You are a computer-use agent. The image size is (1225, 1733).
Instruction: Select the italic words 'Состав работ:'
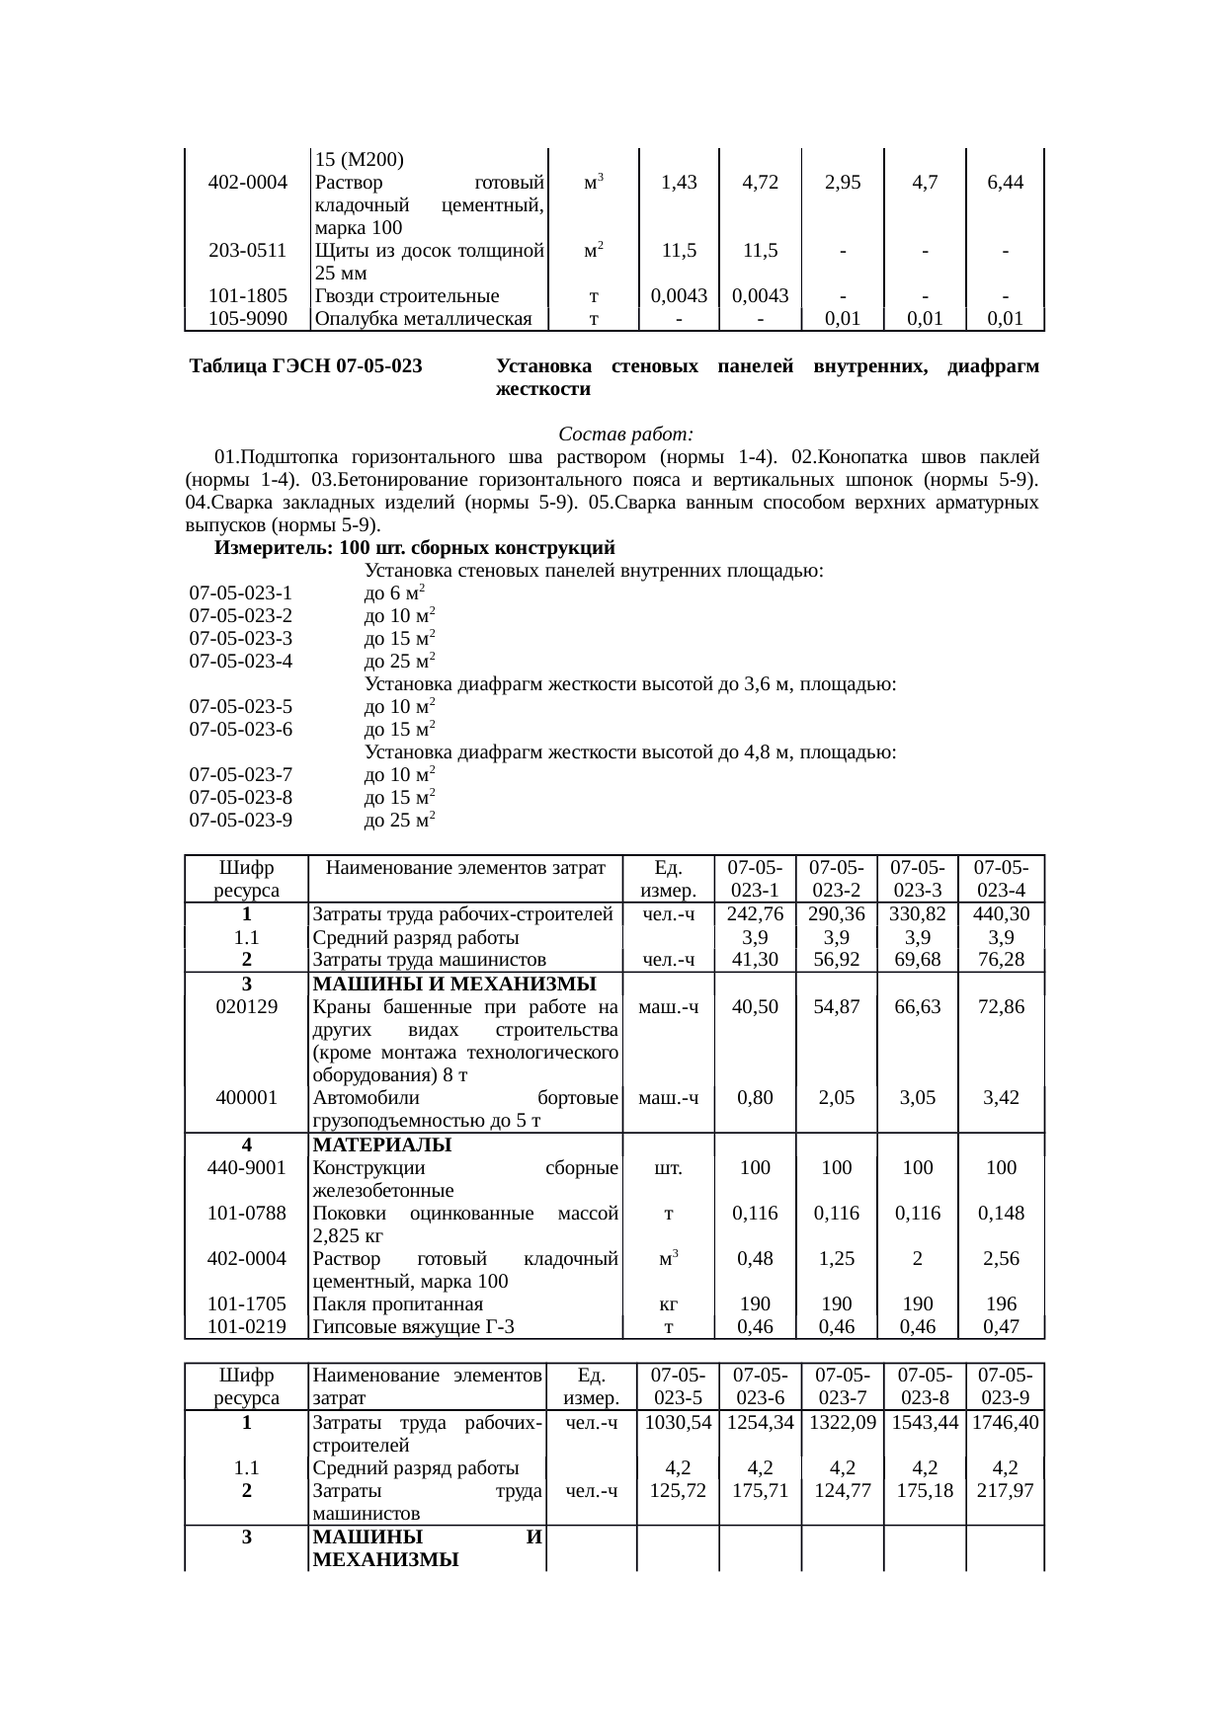(x=625, y=434)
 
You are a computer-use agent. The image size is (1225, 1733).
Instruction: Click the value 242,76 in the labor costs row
(x=755, y=914)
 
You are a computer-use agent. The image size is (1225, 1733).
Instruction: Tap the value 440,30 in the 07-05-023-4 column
(x=1001, y=914)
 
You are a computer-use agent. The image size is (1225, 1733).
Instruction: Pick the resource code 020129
(x=246, y=1006)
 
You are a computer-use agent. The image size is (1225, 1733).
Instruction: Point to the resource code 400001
(x=246, y=1097)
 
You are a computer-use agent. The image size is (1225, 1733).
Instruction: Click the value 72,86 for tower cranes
(x=1001, y=1006)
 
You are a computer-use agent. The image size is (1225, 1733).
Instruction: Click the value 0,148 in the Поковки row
(x=1001, y=1213)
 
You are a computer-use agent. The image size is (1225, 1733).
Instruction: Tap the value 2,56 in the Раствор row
(x=1001, y=1259)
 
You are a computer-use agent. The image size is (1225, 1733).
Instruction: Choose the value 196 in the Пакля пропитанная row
(x=1001, y=1304)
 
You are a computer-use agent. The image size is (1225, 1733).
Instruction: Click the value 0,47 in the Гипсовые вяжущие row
(x=1001, y=1327)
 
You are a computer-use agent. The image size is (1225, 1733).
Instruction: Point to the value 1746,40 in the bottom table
(x=1005, y=1423)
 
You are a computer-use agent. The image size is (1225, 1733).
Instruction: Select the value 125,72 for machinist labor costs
(x=677, y=1491)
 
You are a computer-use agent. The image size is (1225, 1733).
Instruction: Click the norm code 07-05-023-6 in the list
(x=241, y=730)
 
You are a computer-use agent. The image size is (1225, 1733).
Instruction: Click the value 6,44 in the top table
(x=1004, y=182)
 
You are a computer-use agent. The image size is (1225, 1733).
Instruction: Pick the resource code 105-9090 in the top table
(x=248, y=318)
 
